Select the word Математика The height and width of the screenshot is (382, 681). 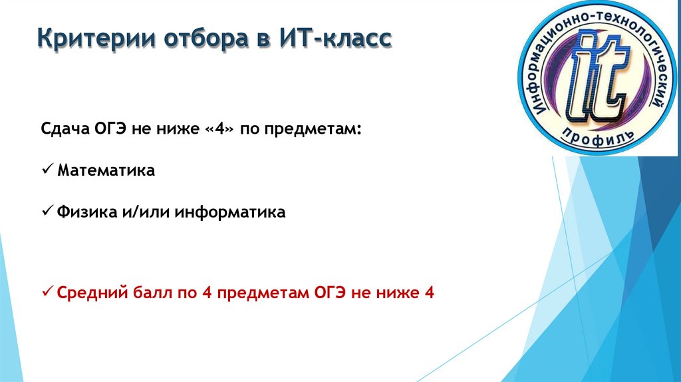pyautogui.click(x=106, y=170)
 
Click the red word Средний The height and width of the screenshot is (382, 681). pyautogui.click(x=87, y=292)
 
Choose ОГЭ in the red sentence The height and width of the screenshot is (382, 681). pyautogui.click(x=329, y=292)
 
